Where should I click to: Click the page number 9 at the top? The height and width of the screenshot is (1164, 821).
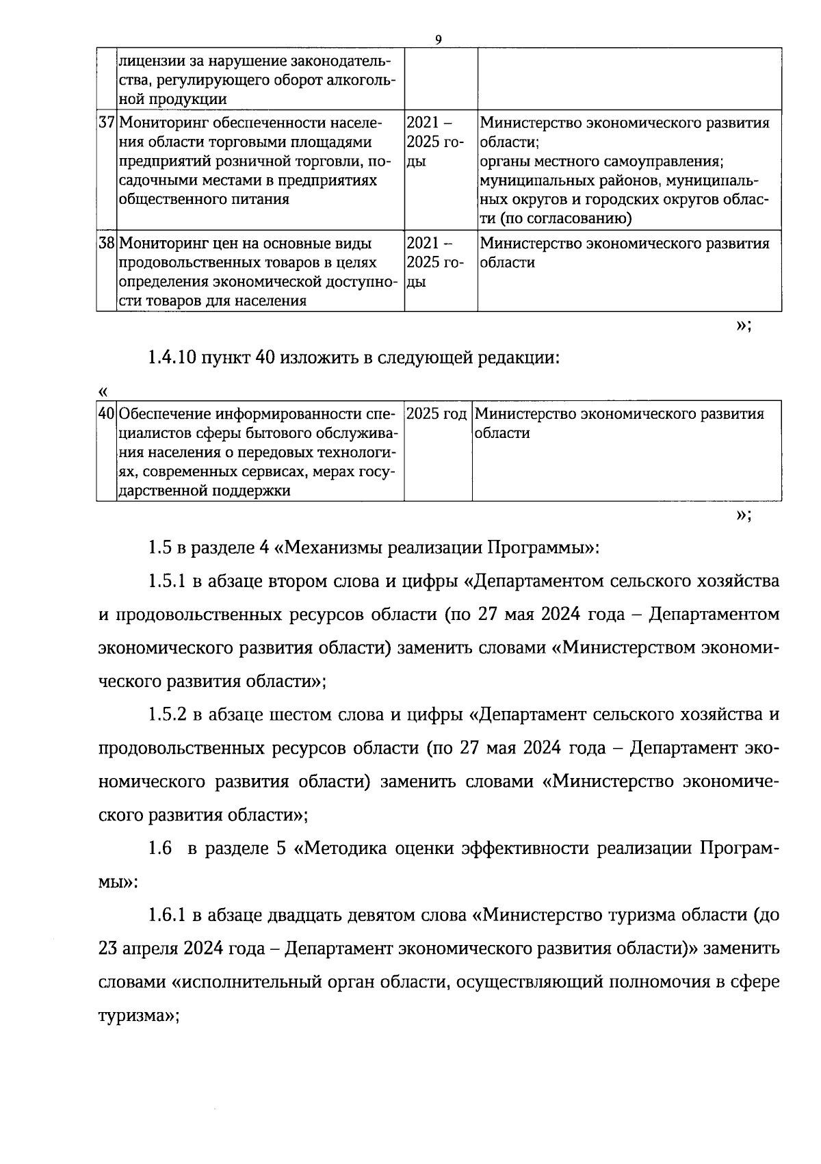(x=438, y=40)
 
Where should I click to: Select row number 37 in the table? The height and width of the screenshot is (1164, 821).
(x=106, y=123)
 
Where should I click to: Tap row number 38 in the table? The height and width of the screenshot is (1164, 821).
(x=106, y=244)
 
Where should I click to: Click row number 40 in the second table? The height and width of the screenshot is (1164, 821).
(x=106, y=414)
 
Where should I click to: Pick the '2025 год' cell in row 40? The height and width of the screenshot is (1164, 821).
(x=436, y=414)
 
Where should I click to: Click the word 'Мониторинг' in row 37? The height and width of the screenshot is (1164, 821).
(x=160, y=123)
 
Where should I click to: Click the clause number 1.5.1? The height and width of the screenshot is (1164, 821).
(x=168, y=581)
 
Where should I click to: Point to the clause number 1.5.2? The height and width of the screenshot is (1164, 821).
(x=168, y=714)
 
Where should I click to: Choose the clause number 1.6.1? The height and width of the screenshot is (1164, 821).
(x=168, y=915)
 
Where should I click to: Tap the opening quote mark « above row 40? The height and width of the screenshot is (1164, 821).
(x=103, y=392)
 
